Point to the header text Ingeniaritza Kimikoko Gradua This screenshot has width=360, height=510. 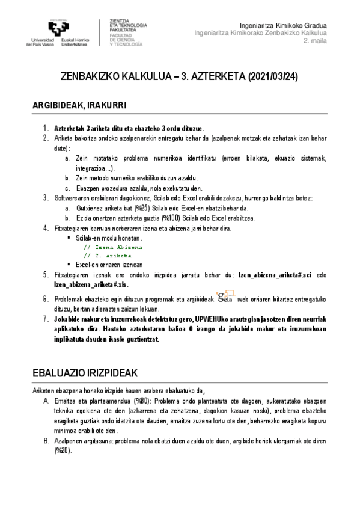[282, 26]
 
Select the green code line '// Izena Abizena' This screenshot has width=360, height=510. [113, 247]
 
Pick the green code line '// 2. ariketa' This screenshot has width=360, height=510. [108, 256]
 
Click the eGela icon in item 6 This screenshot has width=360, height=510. [225, 296]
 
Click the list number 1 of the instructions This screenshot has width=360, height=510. [45, 128]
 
